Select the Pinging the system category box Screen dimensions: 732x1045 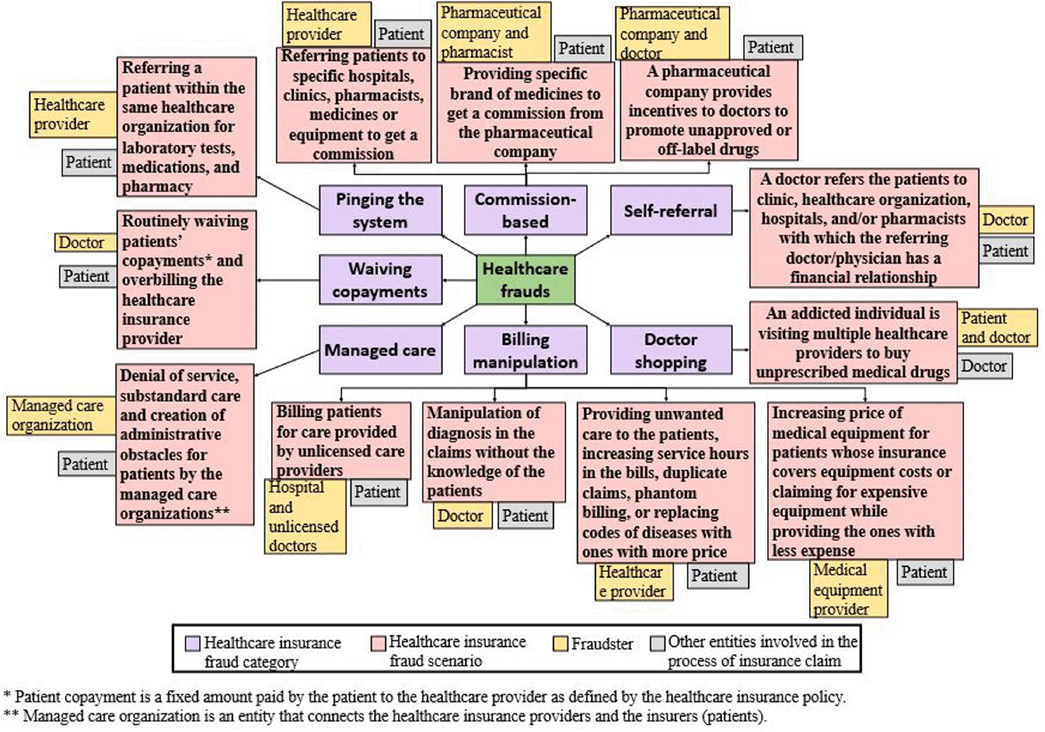click(x=380, y=210)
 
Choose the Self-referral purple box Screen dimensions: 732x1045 click(x=671, y=210)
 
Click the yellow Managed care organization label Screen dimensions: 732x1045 click(x=60, y=415)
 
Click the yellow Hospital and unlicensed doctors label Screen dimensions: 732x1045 click(x=305, y=517)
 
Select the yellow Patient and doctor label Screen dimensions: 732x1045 click(x=997, y=327)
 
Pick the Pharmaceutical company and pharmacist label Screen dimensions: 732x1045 click(x=493, y=32)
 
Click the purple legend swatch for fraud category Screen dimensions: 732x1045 click(x=193, y=643)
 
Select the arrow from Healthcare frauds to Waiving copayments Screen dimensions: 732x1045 click(x=459, y=280)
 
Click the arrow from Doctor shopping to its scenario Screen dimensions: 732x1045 click(x=741, y=350)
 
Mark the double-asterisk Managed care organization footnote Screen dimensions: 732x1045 click(x=385, y=716)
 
